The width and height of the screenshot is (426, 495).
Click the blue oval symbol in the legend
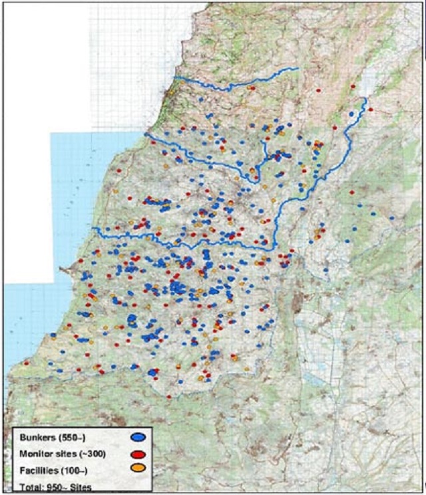(138, 437)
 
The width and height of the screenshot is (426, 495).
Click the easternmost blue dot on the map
(393, 218)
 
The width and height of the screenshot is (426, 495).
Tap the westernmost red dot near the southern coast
(26, 363)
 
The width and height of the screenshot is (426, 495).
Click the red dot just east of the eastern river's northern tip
(371, 108)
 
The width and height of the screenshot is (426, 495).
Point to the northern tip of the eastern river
(365, 99)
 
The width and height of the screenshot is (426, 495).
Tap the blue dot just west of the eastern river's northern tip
(351, 114)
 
